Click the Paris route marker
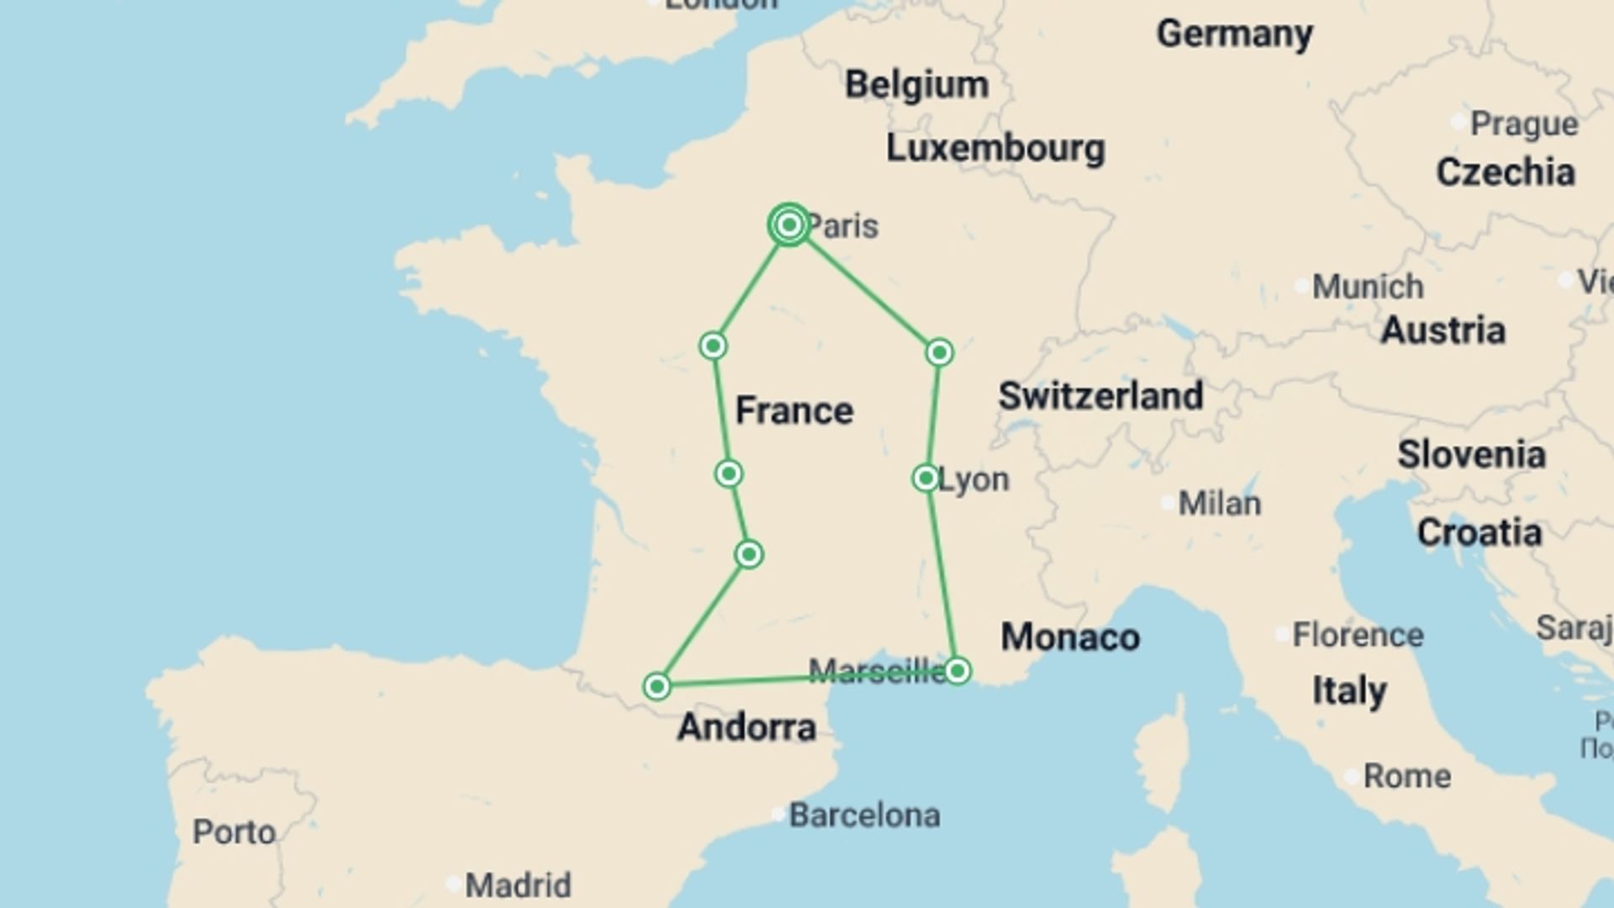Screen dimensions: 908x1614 789,225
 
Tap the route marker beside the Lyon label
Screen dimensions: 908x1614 926,478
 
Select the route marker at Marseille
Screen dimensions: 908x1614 957,671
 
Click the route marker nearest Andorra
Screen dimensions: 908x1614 657,687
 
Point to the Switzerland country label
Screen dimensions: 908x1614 1100,396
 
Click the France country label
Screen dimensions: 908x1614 794,411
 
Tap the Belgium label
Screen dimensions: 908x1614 916,85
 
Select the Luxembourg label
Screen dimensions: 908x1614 995,149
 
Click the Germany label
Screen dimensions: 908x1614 1234,34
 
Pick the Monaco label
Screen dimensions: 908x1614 1070,637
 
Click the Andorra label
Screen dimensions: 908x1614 746,727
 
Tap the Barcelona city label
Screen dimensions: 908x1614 864,816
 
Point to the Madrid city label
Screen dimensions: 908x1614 518,885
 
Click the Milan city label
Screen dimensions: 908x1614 1219,504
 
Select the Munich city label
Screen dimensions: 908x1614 1368,287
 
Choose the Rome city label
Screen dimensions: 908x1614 1406,776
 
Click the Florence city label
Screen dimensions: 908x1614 1358,635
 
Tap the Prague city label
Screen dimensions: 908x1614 1523,124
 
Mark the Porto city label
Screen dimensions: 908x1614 234,832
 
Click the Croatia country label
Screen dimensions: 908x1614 1479,533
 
